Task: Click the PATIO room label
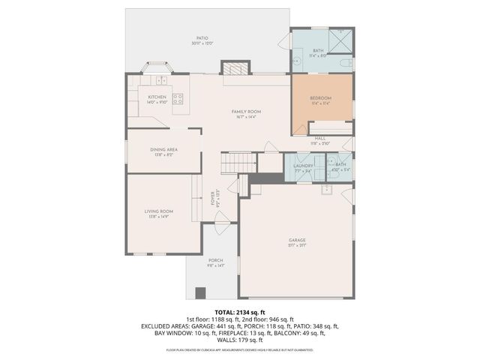202,37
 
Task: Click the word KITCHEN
157,97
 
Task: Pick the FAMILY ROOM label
245,112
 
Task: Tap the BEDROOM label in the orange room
320,97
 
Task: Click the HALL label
320,138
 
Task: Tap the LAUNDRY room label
303,165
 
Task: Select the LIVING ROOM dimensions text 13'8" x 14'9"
159,217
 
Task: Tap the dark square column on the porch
199,292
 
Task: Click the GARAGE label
297,241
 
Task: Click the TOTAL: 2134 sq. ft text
240,312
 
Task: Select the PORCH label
216,260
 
